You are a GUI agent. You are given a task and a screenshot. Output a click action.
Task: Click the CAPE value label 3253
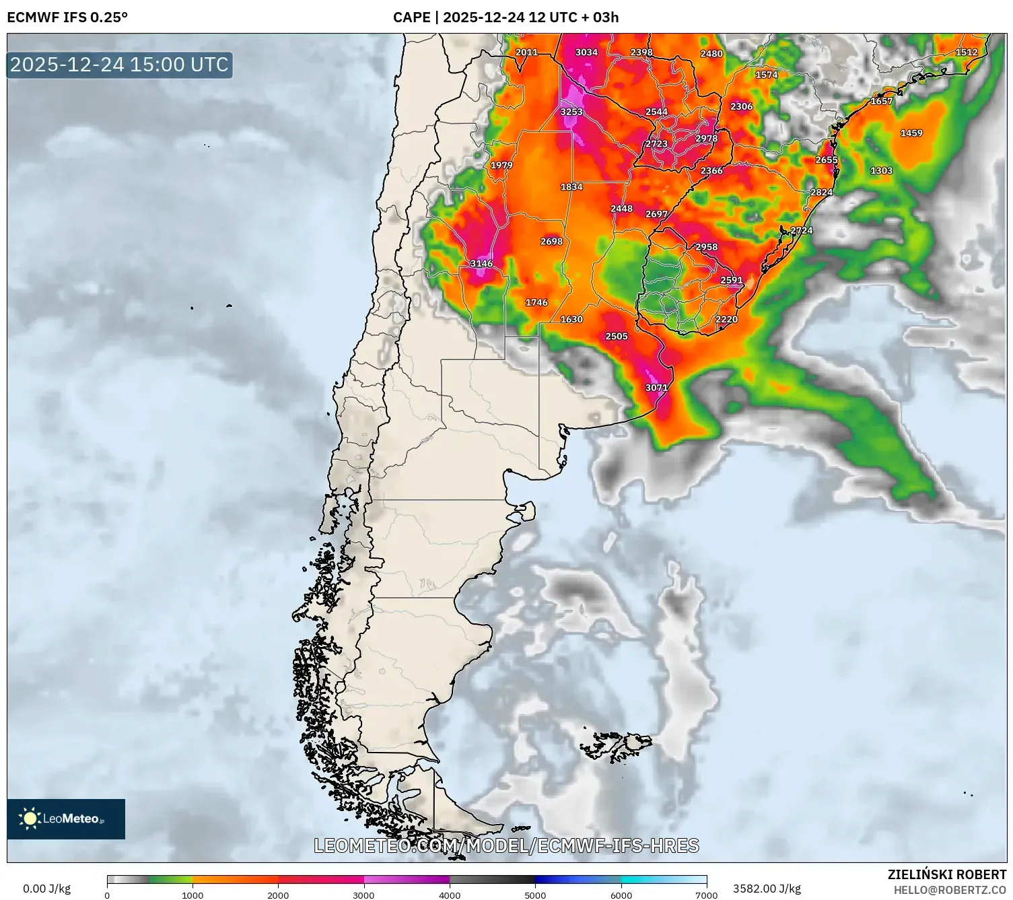pyautogui.click(x=571, y=112)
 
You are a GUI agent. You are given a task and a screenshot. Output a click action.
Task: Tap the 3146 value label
pyautogui.click(x=481, y=263)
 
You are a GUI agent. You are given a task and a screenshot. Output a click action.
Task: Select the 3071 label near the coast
pyautogui.click(x=656, y=388)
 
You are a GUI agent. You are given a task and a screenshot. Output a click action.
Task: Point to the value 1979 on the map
pyautogui.click(x=501, y=165)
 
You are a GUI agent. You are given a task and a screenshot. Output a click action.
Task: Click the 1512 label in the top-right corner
pyautogui.click(x=967, y=53)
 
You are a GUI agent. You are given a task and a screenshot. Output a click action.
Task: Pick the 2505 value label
pyautogui.click(x=617, y=336)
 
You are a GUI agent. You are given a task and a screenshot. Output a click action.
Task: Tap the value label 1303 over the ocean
pyautogui.click(x=881, y=170)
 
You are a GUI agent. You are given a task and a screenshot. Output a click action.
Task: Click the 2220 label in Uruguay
pyautogui.click(x=726, y=319)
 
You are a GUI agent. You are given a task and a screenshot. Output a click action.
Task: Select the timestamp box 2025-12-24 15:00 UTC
pyautogui.click(x=120, y=65)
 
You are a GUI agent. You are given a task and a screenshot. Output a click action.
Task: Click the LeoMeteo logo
pyautogui.click(x=66, y=819)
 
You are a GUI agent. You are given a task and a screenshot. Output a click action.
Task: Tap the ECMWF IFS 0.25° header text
pyautogui.click(x=67, y=18)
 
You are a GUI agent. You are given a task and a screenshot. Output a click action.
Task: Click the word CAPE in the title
pyautogui.click(x=411, y=18)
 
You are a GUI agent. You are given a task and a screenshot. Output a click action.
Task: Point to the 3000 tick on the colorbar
pyautogui.click(x=364, y=895)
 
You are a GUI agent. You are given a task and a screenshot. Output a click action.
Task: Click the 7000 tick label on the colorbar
pyautogui.click(x=706, y=895)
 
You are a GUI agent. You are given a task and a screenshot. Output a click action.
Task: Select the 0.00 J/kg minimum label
pyautogui.click(x=46, y=889)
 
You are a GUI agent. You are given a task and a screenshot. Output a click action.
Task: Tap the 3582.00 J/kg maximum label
pyautogui.click(x=767, y=889)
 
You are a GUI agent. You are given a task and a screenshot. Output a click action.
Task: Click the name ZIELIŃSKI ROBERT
pyautogui.click(x=946, y=874)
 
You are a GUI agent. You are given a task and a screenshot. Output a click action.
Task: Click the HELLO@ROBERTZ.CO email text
pyautogui.click(x=950, y=890)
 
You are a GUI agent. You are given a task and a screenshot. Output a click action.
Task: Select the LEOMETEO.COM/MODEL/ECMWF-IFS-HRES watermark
pyautogui.click(x=506, y=845)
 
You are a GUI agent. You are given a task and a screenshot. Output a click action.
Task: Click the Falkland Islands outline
pyautogui.click(x=616, y=745)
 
